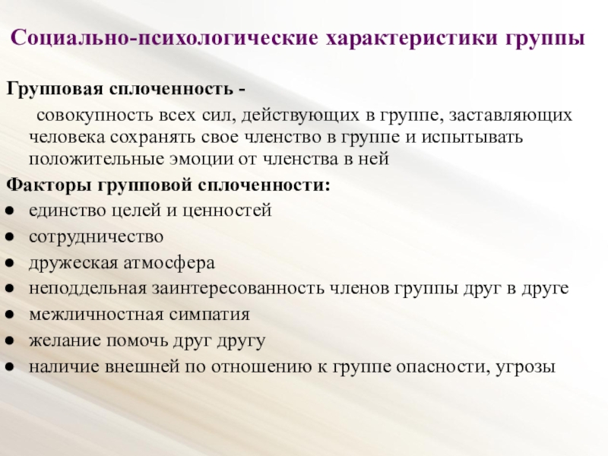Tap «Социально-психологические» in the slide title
[164, 39]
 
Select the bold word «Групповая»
[55, 90]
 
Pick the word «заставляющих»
[510, 116]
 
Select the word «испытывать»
[472, 138]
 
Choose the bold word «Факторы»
[49, 185]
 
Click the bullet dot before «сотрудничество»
[10, 237]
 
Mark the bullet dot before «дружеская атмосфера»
[10, 263]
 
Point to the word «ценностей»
[226, 211]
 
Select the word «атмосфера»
[169, 263]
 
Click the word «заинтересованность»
[238, 290]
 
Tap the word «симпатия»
[210, 315]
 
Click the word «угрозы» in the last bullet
[525, 367]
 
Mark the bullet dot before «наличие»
[10, 367]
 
